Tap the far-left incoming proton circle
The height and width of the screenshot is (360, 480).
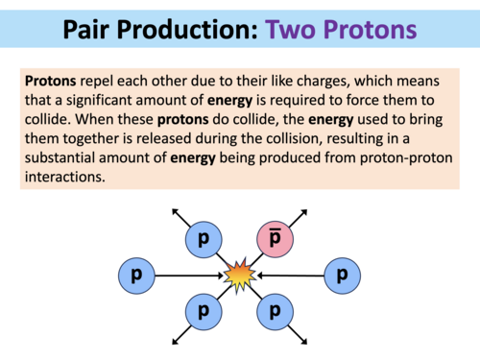(x=137, y=276)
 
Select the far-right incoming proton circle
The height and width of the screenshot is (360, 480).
(x=342, y=276)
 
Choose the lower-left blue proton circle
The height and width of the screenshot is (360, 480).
(x=203, y=312)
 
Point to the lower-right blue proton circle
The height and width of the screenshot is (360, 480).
(x=276, y=312)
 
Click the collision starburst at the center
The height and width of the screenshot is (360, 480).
(x=239, y=276)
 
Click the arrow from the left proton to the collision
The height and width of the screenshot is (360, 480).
(x=188, y=276)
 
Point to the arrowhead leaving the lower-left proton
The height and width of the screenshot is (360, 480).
(x=174, y=341)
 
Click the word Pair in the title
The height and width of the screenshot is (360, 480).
(x=93, y=28)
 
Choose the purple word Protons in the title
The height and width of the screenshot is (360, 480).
(x=370, y=28)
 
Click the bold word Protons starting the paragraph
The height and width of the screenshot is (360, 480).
(x=54, y=82)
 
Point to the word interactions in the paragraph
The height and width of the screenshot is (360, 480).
(x=67, y=179)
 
